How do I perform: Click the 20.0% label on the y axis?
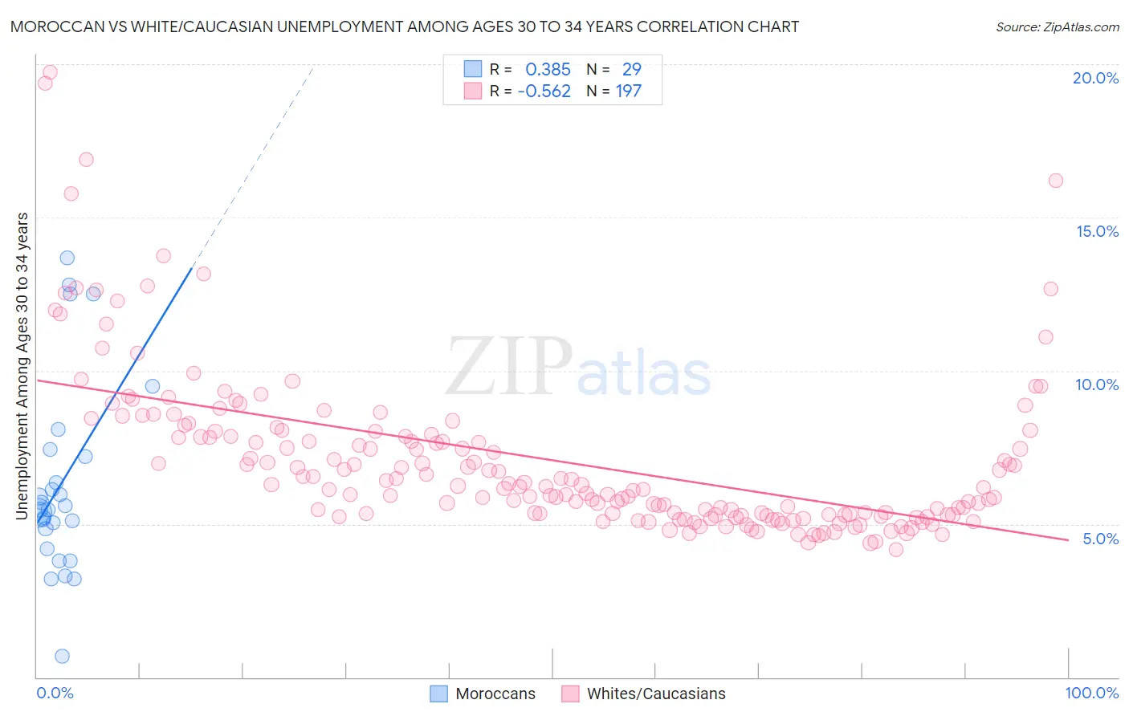click(x=1095, y=78)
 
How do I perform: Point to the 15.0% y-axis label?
click(x=1097, y=231)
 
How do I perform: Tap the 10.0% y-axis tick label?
click(x=1097, y=384)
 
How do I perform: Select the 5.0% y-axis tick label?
click(x=1100, y=539)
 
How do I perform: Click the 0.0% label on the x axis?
click(x=55, y=693)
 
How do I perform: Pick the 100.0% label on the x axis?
click(x=1091, y=693)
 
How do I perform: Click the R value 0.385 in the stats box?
click(x=548, y=70)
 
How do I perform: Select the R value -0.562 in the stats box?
click(x=544, y=92)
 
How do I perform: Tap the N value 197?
click(x=628, y=92)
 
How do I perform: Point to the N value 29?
click(x=631, y=70)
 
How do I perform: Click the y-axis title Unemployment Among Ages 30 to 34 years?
click(x=22, y=365)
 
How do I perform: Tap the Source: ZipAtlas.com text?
click(x=1057, y=26)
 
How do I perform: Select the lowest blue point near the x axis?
click(x=62, y=656)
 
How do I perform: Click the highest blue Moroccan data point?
click(x=67, y=258)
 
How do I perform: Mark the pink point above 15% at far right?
click(x=1055, y=181)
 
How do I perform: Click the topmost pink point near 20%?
click(x=50, y=72)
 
